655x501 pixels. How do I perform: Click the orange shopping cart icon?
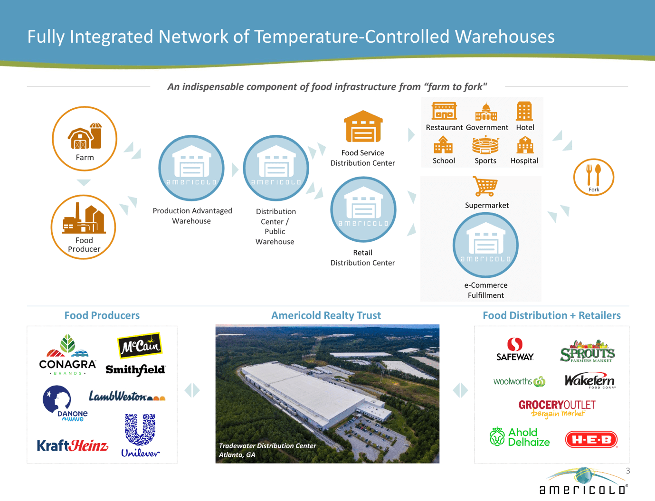485,187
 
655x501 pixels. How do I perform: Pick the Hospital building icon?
525,145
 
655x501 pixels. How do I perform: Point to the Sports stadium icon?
485,145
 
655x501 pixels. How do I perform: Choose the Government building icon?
486,112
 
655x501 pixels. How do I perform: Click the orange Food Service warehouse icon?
363,127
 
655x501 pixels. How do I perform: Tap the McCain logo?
140,345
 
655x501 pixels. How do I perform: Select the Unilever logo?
140,435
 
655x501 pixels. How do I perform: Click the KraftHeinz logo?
73,446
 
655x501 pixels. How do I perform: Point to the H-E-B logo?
591,439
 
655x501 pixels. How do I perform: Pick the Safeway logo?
515,349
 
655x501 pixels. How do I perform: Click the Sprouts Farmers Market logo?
587,351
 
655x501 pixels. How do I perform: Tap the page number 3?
628,471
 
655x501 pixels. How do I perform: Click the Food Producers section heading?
102,315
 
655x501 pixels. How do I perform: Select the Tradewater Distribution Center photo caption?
267,450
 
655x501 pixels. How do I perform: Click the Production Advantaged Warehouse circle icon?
191,168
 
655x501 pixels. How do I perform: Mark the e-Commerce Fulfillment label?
485,290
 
